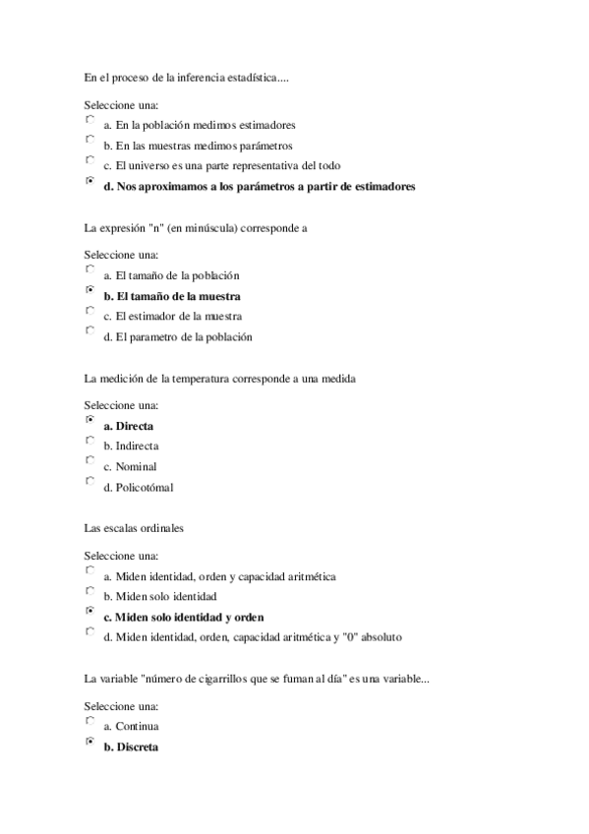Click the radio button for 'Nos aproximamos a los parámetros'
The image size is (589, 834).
click(x=89, y=181)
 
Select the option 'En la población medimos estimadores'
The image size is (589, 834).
click(x=89, y=120)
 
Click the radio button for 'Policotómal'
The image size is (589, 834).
click(x=89, y=482)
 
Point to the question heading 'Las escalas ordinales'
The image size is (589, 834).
click(x=134, y=529)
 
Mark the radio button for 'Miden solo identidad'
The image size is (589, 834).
click(x=89, y=592)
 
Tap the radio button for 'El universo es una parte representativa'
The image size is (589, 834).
click(x=89, y=160)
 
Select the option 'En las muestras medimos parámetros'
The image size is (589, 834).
click(x=89, y=141)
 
